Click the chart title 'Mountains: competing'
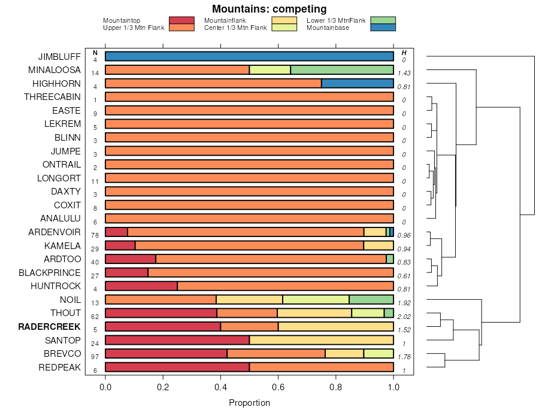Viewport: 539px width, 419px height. point(269,9)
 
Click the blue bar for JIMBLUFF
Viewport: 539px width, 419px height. point(249,56)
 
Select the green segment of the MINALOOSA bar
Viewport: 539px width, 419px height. point(342,70)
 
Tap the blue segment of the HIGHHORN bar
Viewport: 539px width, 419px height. point(358,83)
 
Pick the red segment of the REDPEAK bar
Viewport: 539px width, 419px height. point(177,367)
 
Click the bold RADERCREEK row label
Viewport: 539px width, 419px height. point(49,327)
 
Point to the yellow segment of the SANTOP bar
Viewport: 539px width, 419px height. point(322,340)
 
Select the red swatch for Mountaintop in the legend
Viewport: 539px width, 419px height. point(181,20)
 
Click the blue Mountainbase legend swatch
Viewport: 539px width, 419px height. point(383,28)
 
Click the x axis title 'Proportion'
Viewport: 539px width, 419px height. point(249,403)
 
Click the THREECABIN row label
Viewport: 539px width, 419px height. point(52,97)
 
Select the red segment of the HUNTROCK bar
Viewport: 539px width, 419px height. point(141,286)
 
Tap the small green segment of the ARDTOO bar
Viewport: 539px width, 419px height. point(390,259)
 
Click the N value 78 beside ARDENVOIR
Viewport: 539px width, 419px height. point(95,235)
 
